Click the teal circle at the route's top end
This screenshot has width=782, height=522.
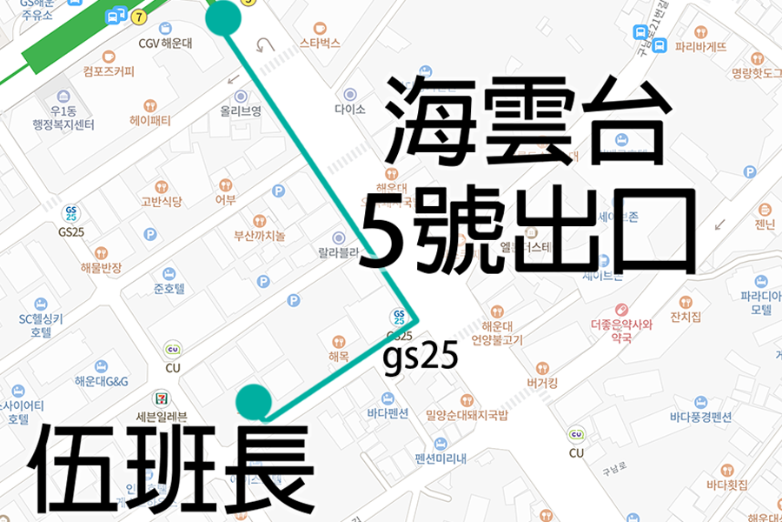point(224,17)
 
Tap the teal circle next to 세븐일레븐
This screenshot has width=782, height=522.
point(255,401)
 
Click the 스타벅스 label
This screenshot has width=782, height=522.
point(319,43)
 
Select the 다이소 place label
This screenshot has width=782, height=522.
point(350,110)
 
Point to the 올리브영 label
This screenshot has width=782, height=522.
point(241,110)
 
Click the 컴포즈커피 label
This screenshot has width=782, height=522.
point(109,71)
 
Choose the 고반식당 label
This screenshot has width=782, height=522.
point(161,202)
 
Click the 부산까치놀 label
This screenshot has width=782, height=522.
point(260,236)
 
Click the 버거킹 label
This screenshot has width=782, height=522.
point(543,383)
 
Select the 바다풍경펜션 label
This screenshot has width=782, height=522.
point(700,417)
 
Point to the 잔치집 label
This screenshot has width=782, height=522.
point(686,316)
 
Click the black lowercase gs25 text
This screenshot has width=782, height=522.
point(421,358)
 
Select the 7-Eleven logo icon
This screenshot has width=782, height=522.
point(162,396)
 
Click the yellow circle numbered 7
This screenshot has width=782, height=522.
point(140,17)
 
